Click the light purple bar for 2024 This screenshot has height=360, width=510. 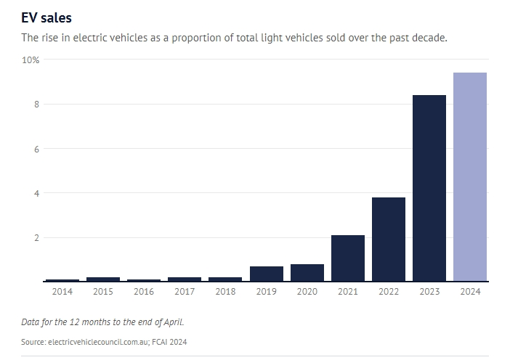(469, 176)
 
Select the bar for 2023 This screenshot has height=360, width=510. (429, 188)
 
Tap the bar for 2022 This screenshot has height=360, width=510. (388, 239)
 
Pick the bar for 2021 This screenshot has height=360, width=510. (347, 258)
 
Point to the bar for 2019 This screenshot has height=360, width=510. (266, 274)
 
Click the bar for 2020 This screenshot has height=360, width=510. (307, 272)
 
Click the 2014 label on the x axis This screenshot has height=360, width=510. (62, 292)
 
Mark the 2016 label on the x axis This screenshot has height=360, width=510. (143, 292)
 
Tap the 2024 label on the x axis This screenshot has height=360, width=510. (469, 292)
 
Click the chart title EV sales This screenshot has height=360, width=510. (46, 17)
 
